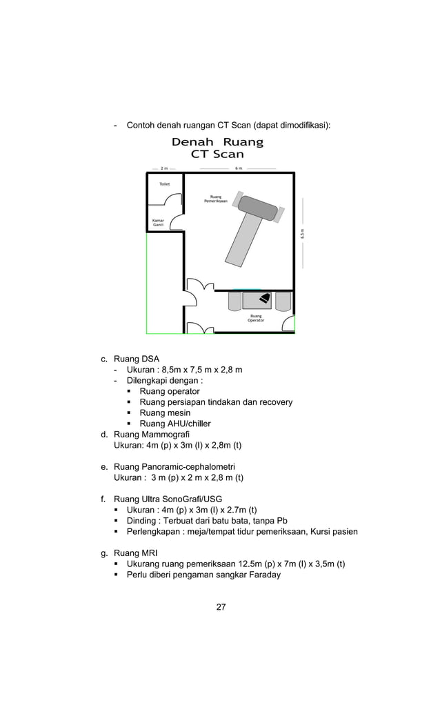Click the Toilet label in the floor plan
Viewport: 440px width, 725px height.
pos(164,184)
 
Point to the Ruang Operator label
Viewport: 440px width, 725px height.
pos(256,318)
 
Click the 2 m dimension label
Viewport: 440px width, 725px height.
pos(163,168)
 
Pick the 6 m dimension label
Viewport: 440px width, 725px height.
pos(238,168)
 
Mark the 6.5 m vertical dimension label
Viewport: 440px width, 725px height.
pos(301,234)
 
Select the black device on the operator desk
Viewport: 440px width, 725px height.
pos(264,299)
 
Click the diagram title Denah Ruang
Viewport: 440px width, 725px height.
pos(217,142)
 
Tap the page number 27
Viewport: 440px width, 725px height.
pos(221,607)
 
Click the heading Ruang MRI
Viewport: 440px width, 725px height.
pos(135,553)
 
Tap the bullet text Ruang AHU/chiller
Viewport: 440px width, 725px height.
pos(174,424)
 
